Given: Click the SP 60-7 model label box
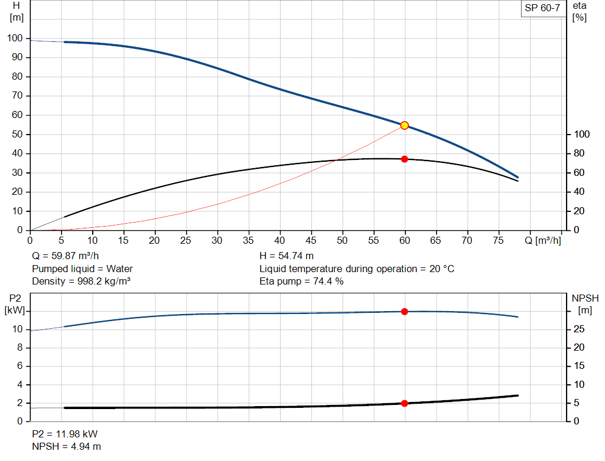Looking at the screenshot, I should click(542, 8).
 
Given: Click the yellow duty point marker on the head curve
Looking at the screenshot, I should click(404, 125).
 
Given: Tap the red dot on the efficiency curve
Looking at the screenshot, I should click(404, 159).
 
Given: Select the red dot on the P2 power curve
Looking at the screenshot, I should click(404, 311).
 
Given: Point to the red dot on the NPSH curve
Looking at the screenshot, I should click(404, 403).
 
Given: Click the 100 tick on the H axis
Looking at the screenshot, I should click(15, 38).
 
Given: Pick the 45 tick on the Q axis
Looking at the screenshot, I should click(311, 240).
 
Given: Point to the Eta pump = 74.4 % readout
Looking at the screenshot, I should click(301, 281).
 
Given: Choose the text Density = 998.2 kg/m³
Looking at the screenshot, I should click(81, 281).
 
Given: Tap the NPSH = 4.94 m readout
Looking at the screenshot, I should click(62, 447).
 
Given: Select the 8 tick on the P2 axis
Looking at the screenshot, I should click(19, 348).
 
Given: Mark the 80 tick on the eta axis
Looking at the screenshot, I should click(579, 153).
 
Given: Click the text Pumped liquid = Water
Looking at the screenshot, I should click(82, 269).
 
